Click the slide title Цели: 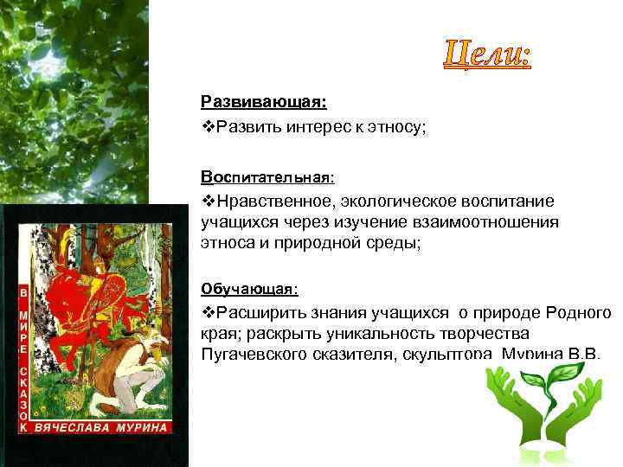[x=488, y=56]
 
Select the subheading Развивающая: [x=263, y=102]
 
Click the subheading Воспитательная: [x=267, y=177]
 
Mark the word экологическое [x=403, y=202]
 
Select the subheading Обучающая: [x=249, y=288]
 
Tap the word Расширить [x=259, y=312]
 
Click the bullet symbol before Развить [x=208, y=128]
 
